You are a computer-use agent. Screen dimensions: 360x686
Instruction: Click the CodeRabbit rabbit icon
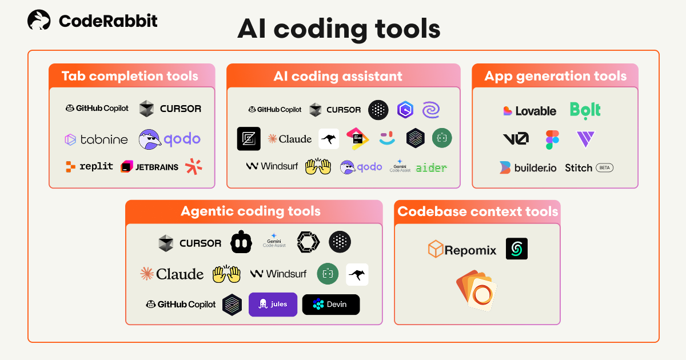[x=39, y=21]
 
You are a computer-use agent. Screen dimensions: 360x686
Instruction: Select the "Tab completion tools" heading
[x=130, y=76]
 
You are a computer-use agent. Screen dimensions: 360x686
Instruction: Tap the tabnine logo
[x=96, y=139]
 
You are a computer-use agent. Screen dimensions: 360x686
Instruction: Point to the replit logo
[x=89, y=167]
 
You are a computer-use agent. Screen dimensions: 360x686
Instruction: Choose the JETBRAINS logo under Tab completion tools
[x=149, y=167]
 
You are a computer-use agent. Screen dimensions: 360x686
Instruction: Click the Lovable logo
[x=530, y=111]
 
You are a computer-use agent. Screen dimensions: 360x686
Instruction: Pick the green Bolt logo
[x=585, y=110]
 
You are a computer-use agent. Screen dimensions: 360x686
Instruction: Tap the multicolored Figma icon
[x=552, y=139]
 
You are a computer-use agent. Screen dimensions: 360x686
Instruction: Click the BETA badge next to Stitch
[x=604, y=168]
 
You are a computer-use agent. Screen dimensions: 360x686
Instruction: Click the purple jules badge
[x=273, y=305]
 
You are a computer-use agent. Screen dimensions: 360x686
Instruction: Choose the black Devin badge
[x=331, y=305]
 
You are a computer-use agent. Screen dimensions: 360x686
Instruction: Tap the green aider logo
[x=431, y=167]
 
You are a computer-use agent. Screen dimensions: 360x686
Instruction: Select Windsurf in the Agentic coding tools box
[x=278, y=274]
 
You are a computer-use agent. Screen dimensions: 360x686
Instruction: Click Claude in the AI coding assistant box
[x=290, y=139]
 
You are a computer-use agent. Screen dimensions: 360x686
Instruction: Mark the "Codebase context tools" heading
[x=477, y=211]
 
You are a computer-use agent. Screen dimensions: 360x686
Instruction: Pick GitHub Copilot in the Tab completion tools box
[x=97, y=108]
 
